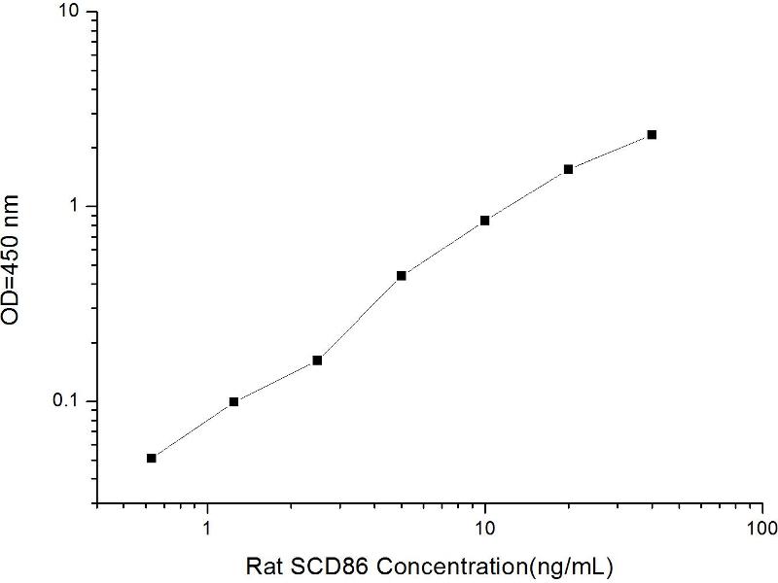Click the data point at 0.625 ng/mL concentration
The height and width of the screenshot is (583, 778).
point(152,458)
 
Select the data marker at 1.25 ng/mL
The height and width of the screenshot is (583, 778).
point(233,401)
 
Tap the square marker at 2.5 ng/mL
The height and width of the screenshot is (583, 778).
point(317,360)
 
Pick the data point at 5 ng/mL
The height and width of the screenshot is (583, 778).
point(402,276)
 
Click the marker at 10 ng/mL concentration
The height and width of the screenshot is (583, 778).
point(484,221)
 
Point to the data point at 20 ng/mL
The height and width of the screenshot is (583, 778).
point(568,169)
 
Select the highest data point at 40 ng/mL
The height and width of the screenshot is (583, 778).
point(652,134)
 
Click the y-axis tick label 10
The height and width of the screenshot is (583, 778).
point(70,11)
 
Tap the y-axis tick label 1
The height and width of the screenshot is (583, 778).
point(76,205)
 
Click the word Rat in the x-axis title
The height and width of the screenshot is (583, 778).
point(265,566)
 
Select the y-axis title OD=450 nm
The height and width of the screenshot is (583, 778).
point(11,259)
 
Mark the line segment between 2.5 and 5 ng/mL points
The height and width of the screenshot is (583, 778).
point(359,319)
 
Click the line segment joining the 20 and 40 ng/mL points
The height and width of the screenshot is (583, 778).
point(611,152)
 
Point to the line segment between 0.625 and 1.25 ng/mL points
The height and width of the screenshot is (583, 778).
point(193,429)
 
